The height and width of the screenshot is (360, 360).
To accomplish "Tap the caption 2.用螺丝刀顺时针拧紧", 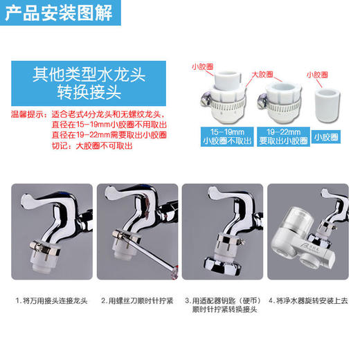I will click(x=136, y=301).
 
